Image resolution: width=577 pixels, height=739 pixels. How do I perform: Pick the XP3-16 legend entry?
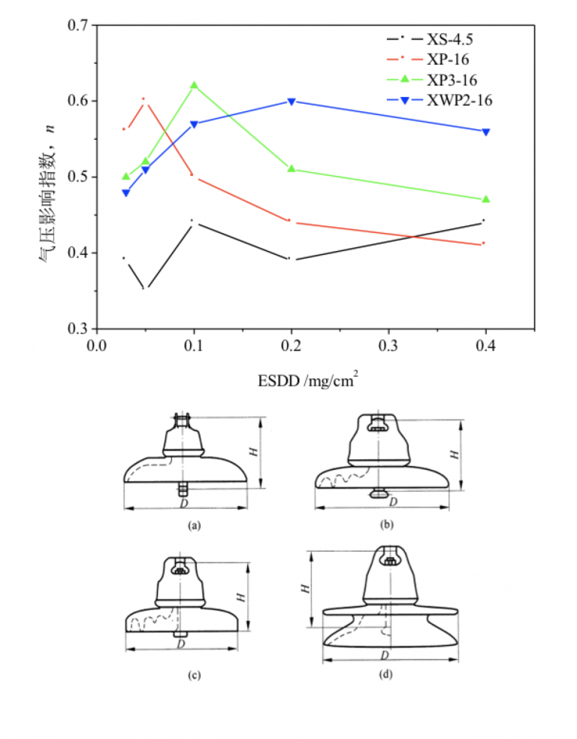click(449, 80)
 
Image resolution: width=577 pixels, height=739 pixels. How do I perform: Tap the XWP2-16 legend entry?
click(455, 100)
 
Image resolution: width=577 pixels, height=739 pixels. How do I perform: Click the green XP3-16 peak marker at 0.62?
click(195, 86)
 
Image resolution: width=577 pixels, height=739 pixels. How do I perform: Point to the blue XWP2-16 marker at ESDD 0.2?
click(292, 101)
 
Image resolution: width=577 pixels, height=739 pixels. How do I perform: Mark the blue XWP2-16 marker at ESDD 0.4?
click(486, 132)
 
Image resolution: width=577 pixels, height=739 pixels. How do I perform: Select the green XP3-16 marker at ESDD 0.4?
click(486, 199)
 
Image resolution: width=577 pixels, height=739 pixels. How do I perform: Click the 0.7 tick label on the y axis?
click(78, 26)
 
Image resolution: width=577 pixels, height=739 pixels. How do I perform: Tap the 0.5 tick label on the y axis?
click(78, 177)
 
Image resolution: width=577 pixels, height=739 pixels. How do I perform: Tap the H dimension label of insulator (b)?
click(453, 454)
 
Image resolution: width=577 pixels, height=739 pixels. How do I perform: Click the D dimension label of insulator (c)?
click(181, 644)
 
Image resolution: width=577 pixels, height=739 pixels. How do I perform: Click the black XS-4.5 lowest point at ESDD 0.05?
click(146, 287)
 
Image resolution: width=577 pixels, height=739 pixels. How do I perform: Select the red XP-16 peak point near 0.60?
click(143, 98)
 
